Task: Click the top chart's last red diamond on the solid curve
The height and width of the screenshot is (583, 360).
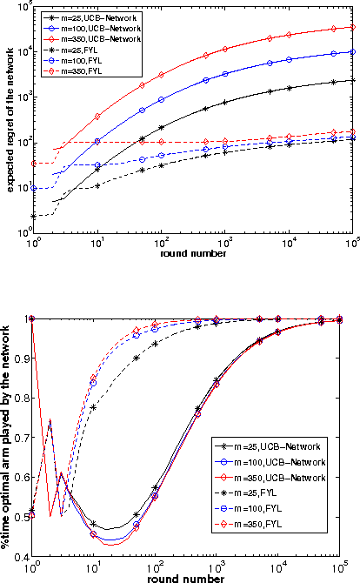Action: coord(352,27)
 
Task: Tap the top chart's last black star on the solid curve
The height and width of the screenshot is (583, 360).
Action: coord(352,80)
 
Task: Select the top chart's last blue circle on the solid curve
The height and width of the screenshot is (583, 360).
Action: coord(352,52)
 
